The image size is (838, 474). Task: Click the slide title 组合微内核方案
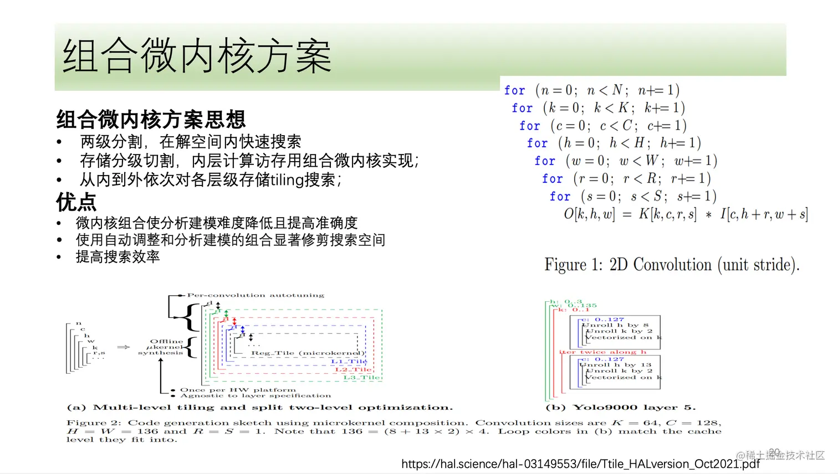(197, 56)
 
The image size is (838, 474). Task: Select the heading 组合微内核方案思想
(151, 119)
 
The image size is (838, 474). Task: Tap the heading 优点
(76, 202)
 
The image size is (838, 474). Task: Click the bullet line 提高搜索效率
(118, 256)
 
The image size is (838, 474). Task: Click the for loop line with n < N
(591, 90)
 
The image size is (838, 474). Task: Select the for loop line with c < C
(602, 126)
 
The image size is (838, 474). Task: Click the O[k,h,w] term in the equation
(589, 214)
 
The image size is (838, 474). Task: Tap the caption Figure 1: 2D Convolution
(672, 265)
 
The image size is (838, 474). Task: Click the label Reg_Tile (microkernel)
(308, 353)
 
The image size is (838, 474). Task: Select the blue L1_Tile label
(349, 362)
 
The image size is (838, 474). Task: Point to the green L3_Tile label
(361, 378)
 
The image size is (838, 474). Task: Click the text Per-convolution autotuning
(256, 295)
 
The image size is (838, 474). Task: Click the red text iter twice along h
(602, 352)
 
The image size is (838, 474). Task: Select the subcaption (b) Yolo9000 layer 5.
(620, 408)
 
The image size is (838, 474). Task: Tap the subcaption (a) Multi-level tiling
(259, 408)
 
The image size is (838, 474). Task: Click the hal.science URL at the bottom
(580, 463)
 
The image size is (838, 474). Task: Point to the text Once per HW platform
(238, 390)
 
